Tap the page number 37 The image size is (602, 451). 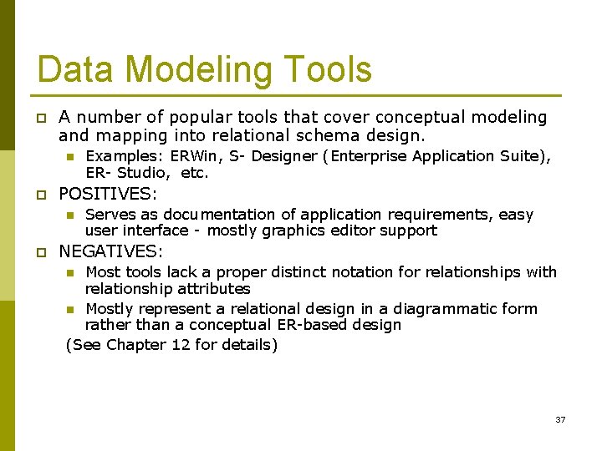560,419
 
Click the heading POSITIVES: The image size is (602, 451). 108,194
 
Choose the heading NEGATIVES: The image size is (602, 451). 111,251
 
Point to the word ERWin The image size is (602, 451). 193,156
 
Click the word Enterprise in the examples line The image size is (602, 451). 370,156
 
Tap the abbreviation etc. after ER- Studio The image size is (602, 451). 194,174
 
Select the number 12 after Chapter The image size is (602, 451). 181,344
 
